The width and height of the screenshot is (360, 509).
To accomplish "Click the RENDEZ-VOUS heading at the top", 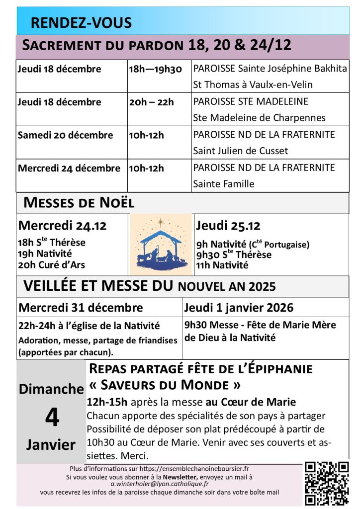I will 81,23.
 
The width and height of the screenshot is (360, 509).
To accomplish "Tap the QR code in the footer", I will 327,483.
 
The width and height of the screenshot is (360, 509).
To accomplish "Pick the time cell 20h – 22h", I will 152,102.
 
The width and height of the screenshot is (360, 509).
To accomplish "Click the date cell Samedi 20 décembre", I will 65,135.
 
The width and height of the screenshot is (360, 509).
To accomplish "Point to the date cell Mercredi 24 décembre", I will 69,168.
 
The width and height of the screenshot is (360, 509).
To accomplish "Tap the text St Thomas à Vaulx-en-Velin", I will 253,85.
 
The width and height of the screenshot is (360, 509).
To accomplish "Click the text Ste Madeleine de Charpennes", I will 259,118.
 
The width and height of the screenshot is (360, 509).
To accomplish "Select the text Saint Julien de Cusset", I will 240,151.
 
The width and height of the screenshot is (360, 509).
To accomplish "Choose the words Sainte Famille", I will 223,184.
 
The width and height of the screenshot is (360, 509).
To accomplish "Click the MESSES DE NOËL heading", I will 79,203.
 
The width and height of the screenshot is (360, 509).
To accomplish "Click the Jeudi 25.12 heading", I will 228,226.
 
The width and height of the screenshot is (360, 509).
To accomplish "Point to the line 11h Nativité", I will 222,265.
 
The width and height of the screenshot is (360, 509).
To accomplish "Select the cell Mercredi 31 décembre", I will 81,308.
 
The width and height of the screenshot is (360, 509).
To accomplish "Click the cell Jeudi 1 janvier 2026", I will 239,308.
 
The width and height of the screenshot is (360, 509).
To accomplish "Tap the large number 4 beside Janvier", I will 52,418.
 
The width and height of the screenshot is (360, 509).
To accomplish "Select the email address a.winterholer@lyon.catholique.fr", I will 160,484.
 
